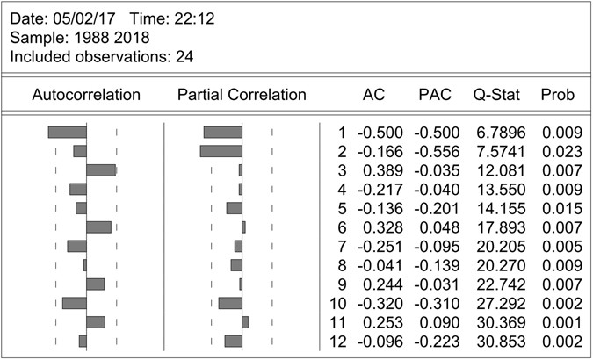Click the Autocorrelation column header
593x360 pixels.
point(86,95)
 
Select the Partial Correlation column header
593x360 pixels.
point(242,95)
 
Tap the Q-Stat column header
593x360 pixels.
point(494,95)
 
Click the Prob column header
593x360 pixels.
point(558,95)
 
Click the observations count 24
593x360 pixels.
point(184,57)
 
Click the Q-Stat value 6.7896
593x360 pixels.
point(498,133)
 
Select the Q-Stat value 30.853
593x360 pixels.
point(498,342)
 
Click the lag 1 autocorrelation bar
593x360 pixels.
point(67,133)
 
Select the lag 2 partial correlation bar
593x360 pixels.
point(221,151)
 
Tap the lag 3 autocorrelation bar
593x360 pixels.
point(101,170)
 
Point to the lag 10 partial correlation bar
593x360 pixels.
point(230,303)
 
